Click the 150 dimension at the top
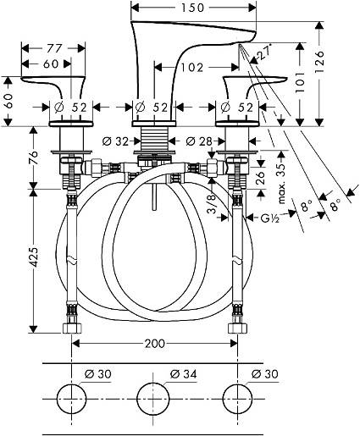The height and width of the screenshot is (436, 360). coord(192,8)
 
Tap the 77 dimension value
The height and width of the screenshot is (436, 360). coord(53,48)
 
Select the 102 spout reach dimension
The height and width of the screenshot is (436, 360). coord(191,68)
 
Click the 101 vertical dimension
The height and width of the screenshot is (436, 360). coord(300,82)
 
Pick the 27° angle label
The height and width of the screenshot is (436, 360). coord(265,52)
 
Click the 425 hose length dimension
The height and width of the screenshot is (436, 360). coord(34,257)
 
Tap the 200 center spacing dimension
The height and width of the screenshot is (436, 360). coord(154,344)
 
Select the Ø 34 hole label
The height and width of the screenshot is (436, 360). coord(184,374)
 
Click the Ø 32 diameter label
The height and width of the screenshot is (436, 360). coord(115,141)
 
